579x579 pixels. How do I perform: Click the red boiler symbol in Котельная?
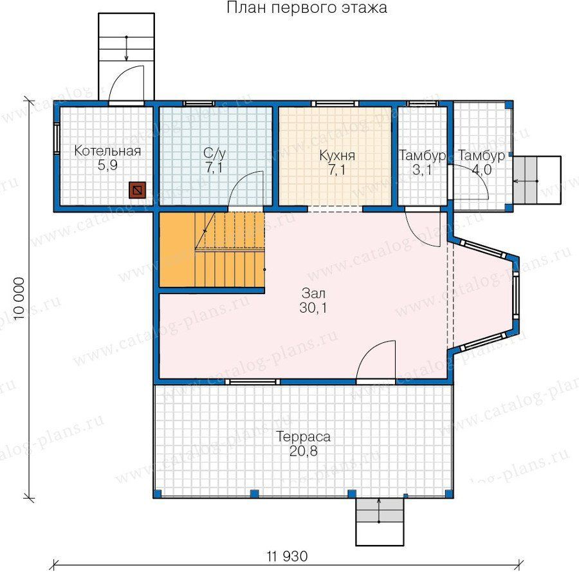[137, 190]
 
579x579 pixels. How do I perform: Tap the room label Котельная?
[107, 151]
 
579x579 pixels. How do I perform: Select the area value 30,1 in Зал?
[313, 308]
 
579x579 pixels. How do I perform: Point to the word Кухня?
[337, 156]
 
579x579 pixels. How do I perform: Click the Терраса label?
[303, 437]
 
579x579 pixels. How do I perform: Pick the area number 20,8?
[303, 451]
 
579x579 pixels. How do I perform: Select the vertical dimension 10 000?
[19, 299]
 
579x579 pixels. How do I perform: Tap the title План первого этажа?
[307, 7]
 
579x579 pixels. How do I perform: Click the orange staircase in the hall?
[212, 250]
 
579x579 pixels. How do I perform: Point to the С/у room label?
[214, 154]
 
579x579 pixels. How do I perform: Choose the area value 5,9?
[107, 165]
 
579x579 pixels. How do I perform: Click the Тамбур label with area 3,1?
[423, 156]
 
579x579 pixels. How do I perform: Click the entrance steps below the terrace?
[380, 522]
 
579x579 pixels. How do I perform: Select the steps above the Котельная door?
[126, 56]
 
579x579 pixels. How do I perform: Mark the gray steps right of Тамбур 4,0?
[537, 180]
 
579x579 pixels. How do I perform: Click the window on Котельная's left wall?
[57, 138]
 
